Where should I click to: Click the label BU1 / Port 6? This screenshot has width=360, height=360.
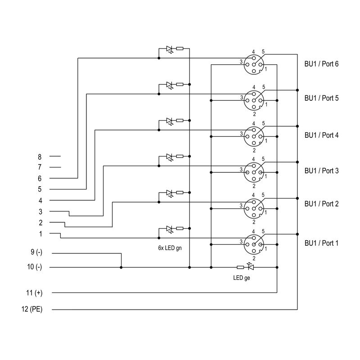[x=321, y=64]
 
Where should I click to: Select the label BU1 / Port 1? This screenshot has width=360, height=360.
[x=321, y=243]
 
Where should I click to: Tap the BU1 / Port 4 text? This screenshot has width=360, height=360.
[x=321, y=135]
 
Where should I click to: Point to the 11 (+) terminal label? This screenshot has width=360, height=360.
[x=34, y=293]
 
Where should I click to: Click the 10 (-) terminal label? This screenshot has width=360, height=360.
[x=34, y=267]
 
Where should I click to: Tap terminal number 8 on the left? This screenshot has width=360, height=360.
[x=40, y=157]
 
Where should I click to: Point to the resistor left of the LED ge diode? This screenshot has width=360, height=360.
[x=240, y=267]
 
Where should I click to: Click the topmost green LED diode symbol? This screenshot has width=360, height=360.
[x=170, y=49]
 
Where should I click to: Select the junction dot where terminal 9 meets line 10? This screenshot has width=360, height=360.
[x=121, y=267]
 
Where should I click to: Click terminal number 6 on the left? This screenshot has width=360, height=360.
[x=40, y=179]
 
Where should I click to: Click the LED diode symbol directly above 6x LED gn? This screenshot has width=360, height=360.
[x=170, y=229]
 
